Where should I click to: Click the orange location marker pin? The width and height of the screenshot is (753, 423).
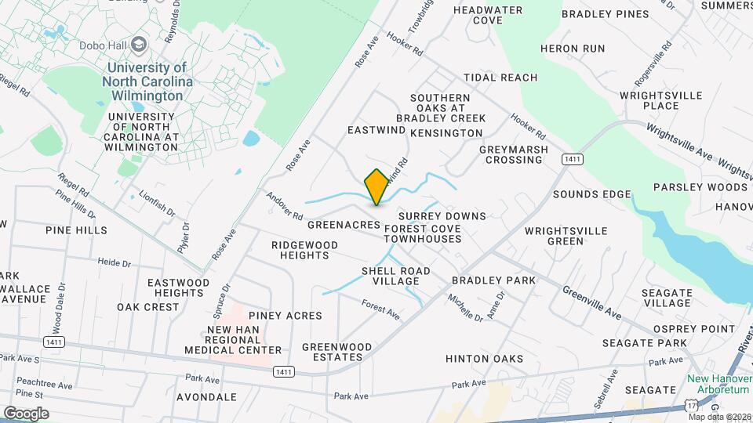[x=376, y=186]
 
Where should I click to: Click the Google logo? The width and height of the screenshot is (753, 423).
[x=25, y=414]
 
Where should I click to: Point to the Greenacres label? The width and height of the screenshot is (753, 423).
[x=344, y=224]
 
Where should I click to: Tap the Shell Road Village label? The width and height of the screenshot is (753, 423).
[x=395, y=276]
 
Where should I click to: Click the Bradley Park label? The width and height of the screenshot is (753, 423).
[x=493, y=280]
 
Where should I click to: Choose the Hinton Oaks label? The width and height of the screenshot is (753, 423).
[x=484, y=359]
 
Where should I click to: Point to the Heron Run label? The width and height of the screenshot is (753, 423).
[x=573, y=49]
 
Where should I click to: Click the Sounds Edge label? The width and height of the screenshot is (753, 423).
[x=592, y=194]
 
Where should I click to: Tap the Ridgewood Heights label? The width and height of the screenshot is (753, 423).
[x=304, y=251]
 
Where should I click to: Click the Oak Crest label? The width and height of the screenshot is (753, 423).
[x=148, y=307]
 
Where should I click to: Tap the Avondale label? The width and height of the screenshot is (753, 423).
[x=206, y=397]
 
